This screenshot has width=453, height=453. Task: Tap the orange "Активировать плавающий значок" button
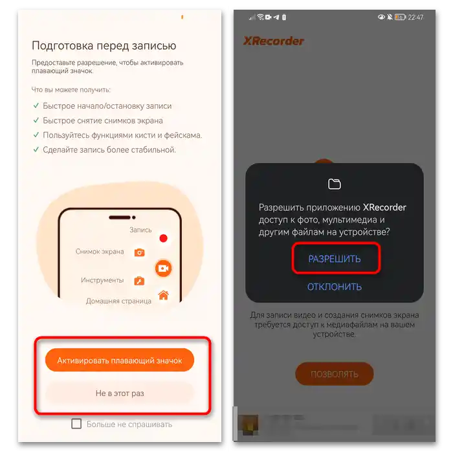120,360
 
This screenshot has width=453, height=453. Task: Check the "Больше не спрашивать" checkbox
76,424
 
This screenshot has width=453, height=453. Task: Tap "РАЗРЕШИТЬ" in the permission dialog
335,259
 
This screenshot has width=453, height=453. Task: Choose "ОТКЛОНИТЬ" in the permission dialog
335,287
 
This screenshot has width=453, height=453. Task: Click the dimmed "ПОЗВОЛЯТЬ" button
335,374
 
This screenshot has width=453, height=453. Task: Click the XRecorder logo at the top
274,41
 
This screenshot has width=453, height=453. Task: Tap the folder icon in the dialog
335,184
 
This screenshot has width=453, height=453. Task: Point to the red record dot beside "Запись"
164,238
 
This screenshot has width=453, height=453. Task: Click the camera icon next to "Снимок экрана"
139,252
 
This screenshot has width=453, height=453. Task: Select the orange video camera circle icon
162,268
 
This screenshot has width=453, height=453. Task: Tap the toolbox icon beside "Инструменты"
139,281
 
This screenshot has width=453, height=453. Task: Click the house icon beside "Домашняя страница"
163,296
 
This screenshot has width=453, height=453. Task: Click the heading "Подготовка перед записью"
104,46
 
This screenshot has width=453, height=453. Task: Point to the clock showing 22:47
415,17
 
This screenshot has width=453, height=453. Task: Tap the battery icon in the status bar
400,17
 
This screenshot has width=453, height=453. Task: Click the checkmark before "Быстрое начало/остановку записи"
36,106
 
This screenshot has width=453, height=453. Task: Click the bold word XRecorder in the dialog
384,208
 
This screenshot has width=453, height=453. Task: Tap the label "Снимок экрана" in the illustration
100,252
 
